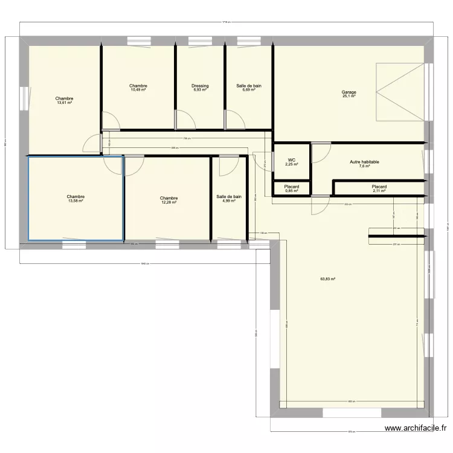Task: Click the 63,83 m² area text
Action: tap(327, 279)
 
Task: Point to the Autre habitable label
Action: tap(364, 164)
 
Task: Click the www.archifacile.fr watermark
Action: tap(416, 429)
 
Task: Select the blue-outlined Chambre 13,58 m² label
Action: tap(75, 199)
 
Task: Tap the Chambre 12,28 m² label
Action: tap(169, 200)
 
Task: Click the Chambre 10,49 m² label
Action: tap(138, 88)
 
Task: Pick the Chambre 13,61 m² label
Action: tap(64, 100)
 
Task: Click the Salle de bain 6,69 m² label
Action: tap(249, 88)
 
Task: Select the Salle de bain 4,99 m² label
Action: tap(229, 199)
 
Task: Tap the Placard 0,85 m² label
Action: tap(292, 189)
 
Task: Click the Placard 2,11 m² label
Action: tap(379, 189)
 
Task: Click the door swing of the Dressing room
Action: tap(185, 119)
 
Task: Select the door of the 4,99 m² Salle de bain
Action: tap(228, 165)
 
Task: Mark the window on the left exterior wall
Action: tap(24, 98)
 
